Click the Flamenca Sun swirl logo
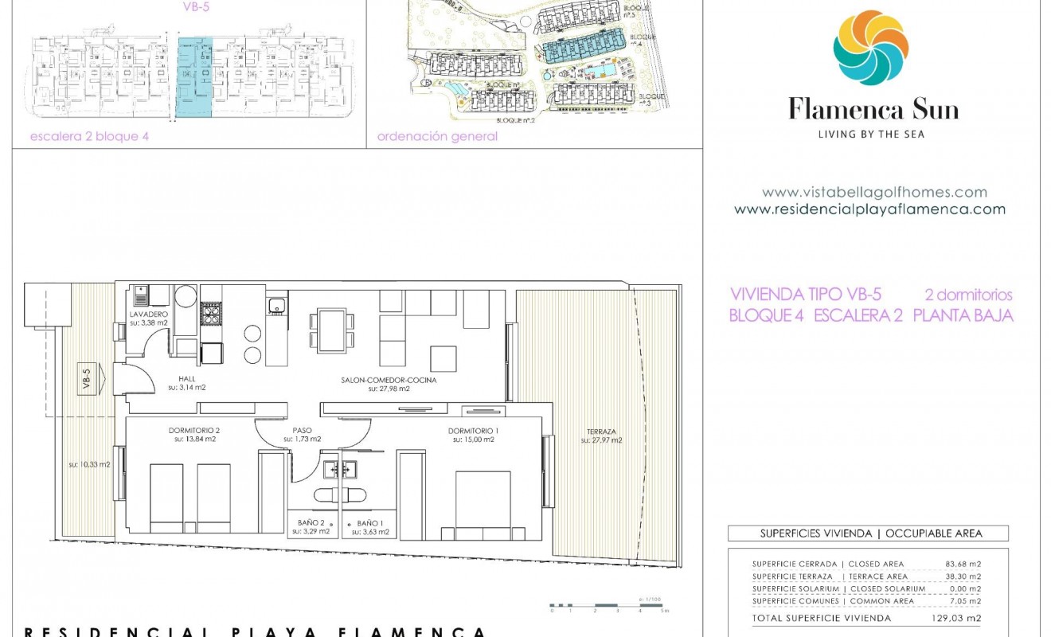870,48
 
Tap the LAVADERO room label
149,315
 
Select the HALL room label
187,379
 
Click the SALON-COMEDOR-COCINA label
389,381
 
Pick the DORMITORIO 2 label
193,431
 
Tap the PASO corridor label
303,431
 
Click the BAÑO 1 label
370,523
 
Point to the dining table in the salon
332,330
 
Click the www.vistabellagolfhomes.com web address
873,192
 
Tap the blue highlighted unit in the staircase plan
194,79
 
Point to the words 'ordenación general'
437,136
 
